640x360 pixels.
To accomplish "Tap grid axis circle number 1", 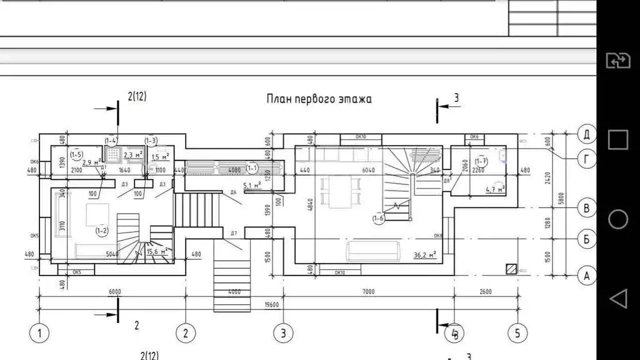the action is tap(40, 333).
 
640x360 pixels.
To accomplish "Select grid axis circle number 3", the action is tap(282, 333).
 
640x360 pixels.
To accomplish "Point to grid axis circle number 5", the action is tap(517, 333).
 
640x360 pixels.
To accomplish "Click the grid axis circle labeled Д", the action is tap(586, 134).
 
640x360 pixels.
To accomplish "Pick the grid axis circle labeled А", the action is tap(586, 275).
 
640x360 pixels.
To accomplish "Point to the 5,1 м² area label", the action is tap(254, 185).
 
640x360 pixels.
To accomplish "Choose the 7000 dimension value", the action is tap(368, 292).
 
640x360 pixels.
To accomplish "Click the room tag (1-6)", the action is tap(378, 218).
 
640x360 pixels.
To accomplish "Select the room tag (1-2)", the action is tap(102, 231).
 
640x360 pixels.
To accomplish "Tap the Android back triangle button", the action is tap(617, 298).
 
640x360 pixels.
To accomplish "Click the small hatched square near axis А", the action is tap(511, 268).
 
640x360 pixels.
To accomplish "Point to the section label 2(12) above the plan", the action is tap(137, 97).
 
